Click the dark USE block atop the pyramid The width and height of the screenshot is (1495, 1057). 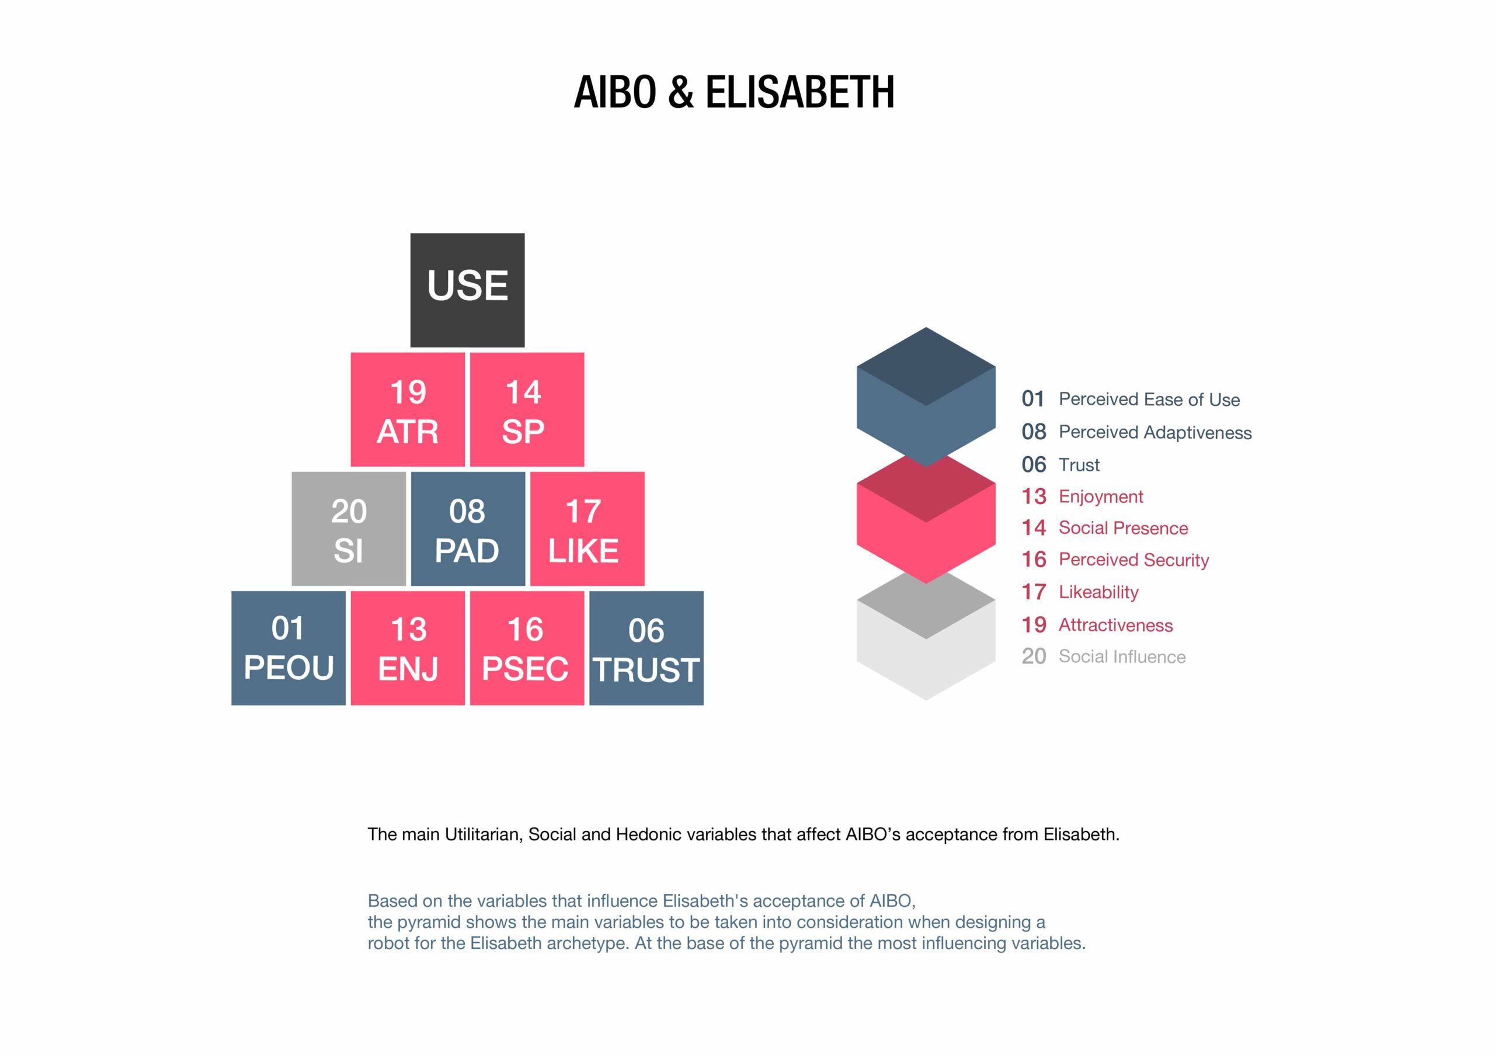pyautogui.click(x=468, y=290)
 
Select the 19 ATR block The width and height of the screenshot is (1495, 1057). pyautogui.click(x=408, y=409)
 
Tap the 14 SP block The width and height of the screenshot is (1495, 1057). pyautogui.click(x=527, y=409)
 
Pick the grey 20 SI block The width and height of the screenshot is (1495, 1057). pyautogui.click(x=349, y=529)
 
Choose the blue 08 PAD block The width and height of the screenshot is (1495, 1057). pyautogui.click(x=468, y=529)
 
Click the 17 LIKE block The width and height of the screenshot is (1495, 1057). pyautogui.click(x=587, y=529)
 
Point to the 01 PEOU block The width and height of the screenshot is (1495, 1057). pyautogui.click(x=288, y=648)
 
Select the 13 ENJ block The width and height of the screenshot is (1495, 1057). pyautogui.click(x=408, y=648)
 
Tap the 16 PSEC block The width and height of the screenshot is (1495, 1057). pyautogui.click(x=527, y=648)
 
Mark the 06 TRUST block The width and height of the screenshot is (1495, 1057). pyautogui.click(x=646, y=648)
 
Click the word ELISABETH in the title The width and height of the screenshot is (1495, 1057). pyautogui.click(x=800, y=92)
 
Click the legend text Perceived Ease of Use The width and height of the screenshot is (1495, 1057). pyautogui.click(x=1149, y=399)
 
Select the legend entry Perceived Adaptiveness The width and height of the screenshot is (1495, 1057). pyautogui.click(x=1155, y=433)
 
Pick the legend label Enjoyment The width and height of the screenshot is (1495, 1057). pyautogui.click(x=1101, y=497)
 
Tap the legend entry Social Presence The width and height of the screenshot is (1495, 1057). pyautogui.click(x=1123, y=528)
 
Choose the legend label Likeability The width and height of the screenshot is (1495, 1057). pyautogui.click(x=1098, y=592)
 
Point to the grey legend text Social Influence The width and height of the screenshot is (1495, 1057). pyautogui.click(x=1122, y=656)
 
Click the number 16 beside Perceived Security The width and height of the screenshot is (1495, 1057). pyautogui.click(x=1033, y=559)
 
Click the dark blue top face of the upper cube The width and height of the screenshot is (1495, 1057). pyautogui.click(x=926, y=367)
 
